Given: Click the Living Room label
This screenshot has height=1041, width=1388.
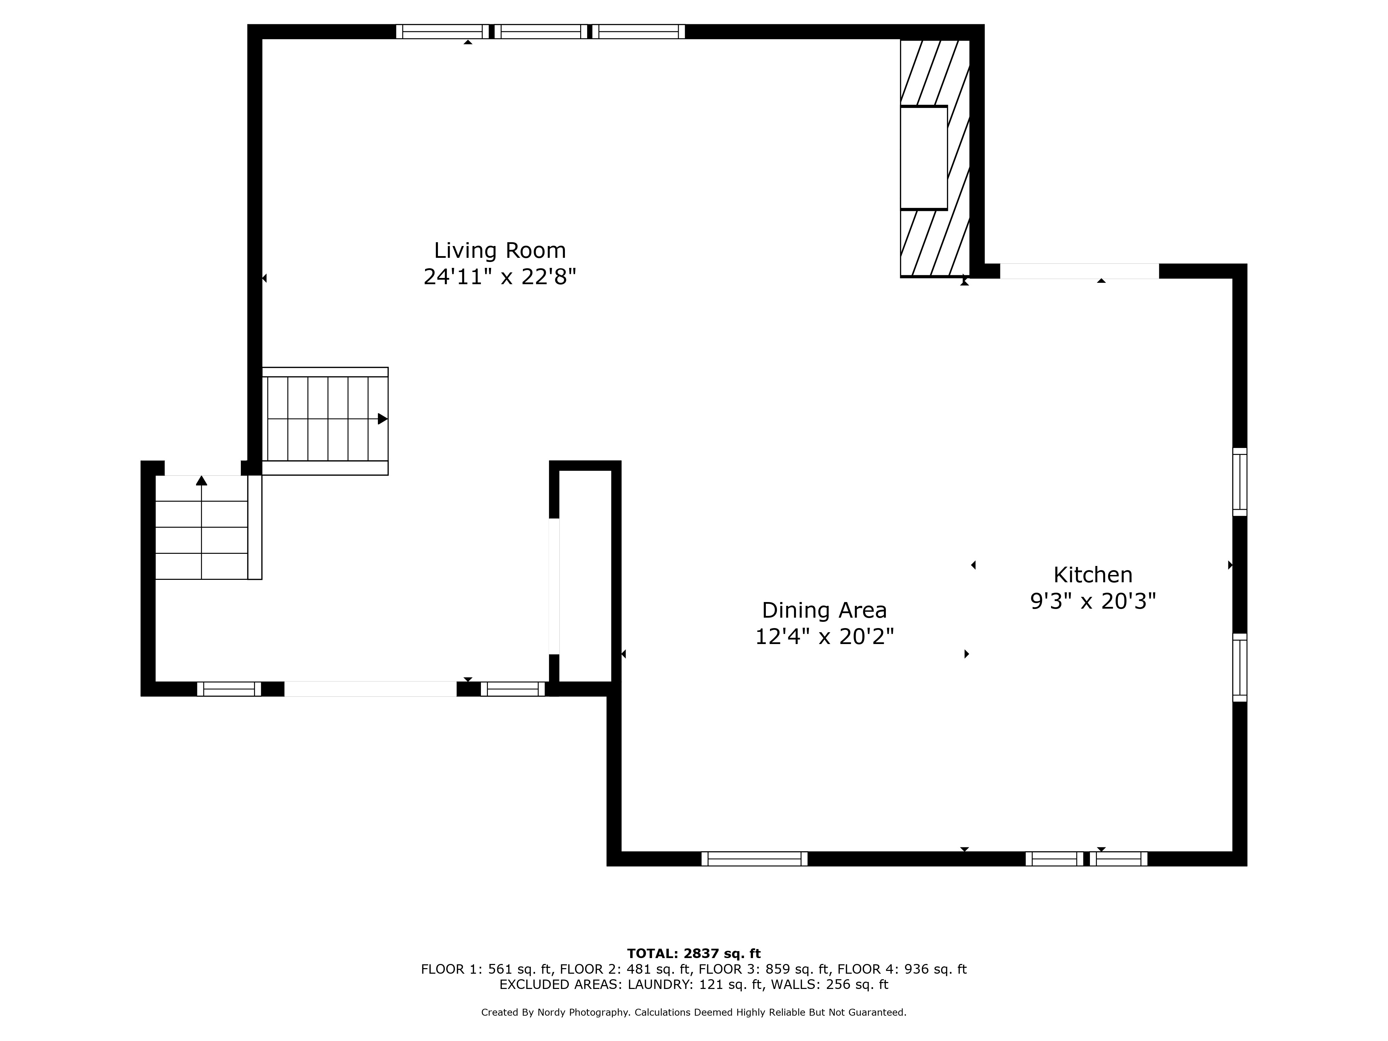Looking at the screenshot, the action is [500, 251].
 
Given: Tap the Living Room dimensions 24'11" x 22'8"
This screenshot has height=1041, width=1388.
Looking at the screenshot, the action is [500, 277].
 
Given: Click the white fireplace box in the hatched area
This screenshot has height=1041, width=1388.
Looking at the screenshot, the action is [924, 158].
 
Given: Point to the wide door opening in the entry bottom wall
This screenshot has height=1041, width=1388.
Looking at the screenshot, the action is [370, 689].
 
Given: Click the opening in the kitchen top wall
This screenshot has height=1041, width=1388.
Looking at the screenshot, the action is [1079, 271].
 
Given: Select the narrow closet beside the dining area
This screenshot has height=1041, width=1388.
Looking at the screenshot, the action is [585, 575].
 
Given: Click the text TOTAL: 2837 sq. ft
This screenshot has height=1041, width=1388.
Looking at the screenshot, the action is [694, 954].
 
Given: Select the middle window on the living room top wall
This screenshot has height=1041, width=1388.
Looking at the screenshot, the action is [541, 31].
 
